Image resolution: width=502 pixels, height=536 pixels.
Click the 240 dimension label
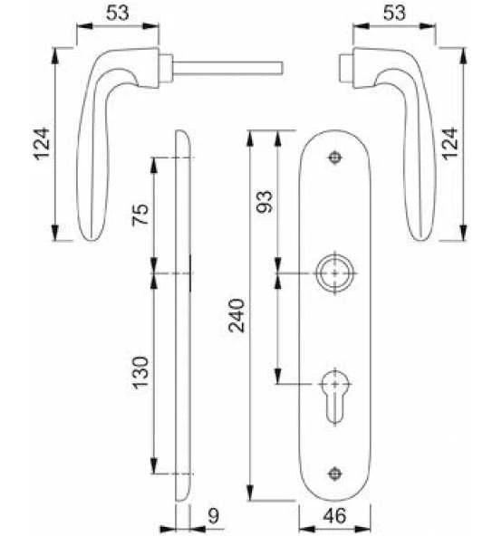pos(237,315)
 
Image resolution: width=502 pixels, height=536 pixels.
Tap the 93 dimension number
pos(265,202)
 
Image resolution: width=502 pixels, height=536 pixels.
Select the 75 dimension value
pos(140,215)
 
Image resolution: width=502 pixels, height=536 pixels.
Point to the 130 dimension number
pos(140,373)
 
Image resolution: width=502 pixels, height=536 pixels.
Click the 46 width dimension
pos(334,516)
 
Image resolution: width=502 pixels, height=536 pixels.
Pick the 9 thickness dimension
pos(213,516)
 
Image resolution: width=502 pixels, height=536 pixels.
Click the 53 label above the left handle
pos(118,13)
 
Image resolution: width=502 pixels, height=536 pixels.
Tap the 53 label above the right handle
pos(394,13)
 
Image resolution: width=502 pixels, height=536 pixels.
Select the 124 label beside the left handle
pos(42,144)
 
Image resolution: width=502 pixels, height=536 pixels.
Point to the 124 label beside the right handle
pos(449,144)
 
